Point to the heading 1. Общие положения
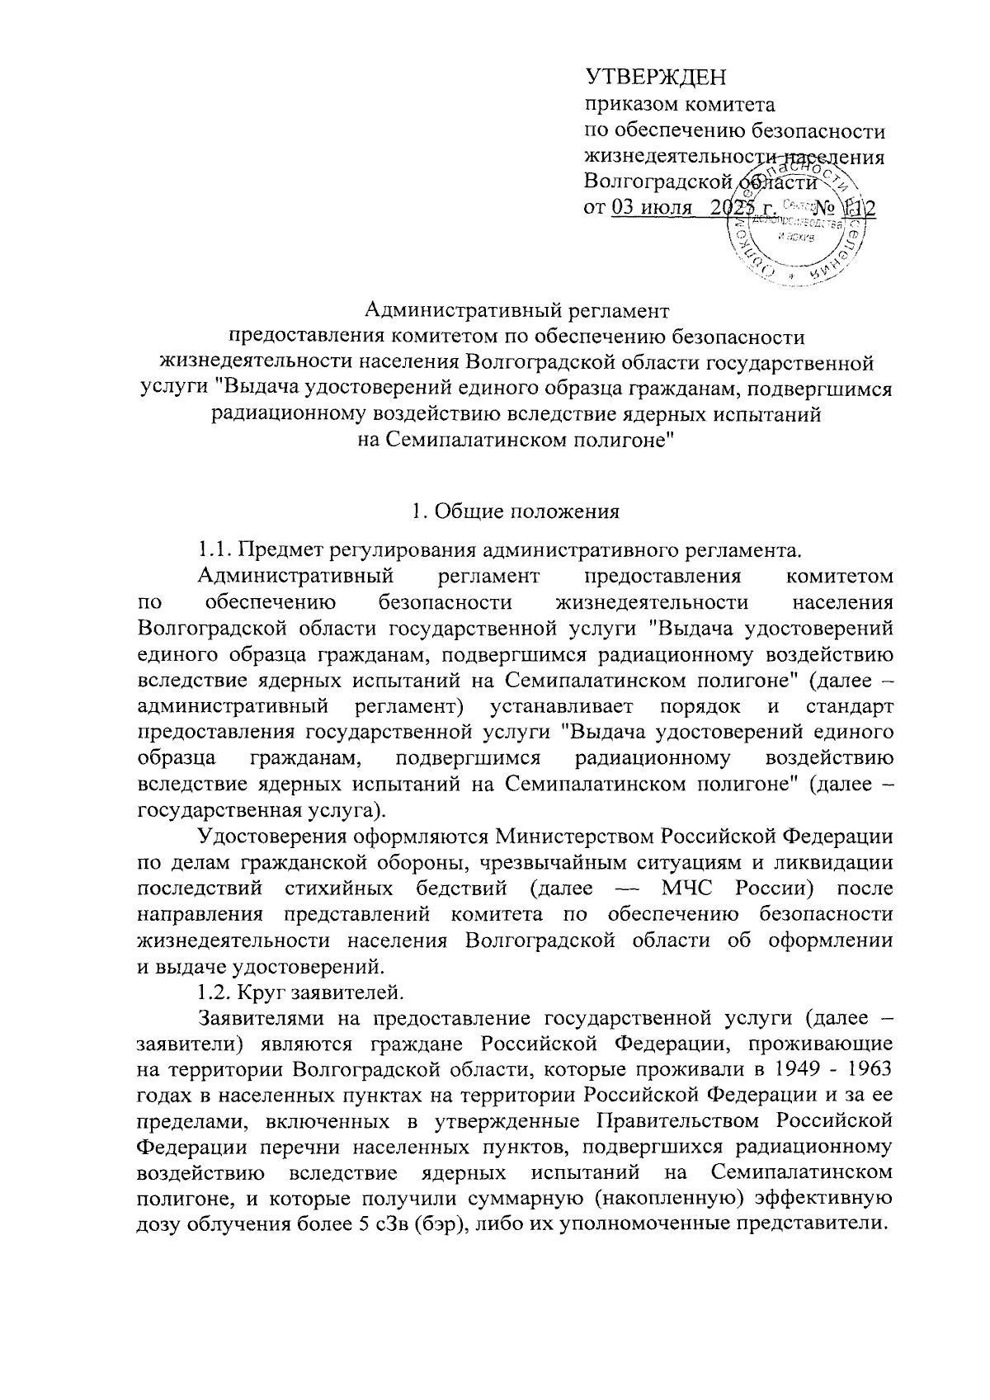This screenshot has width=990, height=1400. [516, 511]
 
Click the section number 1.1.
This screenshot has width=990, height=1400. [214, 549]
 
